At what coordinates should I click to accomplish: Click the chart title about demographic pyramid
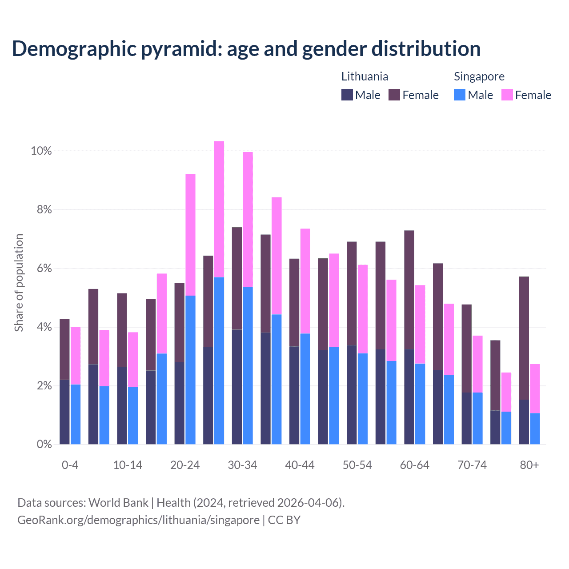click(246, 49)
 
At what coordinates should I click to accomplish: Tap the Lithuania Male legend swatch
click(347, 95)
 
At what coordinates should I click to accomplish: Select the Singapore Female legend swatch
click(507, 95)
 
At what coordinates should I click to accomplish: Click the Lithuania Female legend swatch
click(394, 95)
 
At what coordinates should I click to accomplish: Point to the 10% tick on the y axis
click(41, 151)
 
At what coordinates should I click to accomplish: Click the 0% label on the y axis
click(44, 444)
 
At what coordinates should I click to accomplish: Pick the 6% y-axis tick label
click(44, 268)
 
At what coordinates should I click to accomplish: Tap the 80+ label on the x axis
click(529, 465)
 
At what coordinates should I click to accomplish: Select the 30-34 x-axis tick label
click(242, 465)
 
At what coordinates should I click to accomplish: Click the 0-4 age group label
click(70, 465)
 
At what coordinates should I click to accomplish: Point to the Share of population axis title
click(19, 283)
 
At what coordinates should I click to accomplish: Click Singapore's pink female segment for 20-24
click(190, 235)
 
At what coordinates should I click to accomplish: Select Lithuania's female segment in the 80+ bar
click(524, 338)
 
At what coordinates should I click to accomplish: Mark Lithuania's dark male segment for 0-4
click(64, 412)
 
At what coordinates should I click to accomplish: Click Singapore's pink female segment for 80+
click(535, 389)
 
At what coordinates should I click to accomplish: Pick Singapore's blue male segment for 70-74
click(477, 418)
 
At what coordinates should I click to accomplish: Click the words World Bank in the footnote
click(118, 503)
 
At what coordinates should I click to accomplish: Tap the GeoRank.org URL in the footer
click(138, 520)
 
